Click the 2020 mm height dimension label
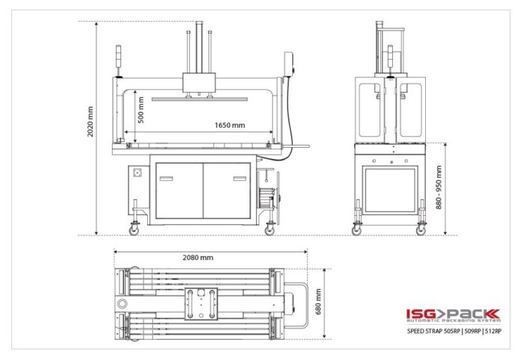90,122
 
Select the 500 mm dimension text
140,110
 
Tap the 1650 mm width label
229,125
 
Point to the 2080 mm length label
198,258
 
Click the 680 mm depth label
318,302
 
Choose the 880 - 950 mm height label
439,187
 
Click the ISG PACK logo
454,315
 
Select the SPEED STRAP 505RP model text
434,331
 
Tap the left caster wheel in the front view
134,230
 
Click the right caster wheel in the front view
270,230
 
